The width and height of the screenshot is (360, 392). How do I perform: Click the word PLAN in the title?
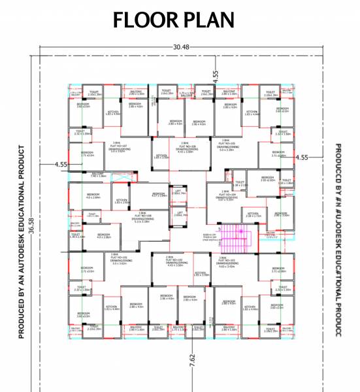pos(207,20)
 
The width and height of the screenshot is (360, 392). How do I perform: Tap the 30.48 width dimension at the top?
pos(182,47)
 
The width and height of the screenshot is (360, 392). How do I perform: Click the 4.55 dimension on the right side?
pos(301,157)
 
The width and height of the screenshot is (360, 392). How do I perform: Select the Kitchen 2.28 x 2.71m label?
pos(254,214)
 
